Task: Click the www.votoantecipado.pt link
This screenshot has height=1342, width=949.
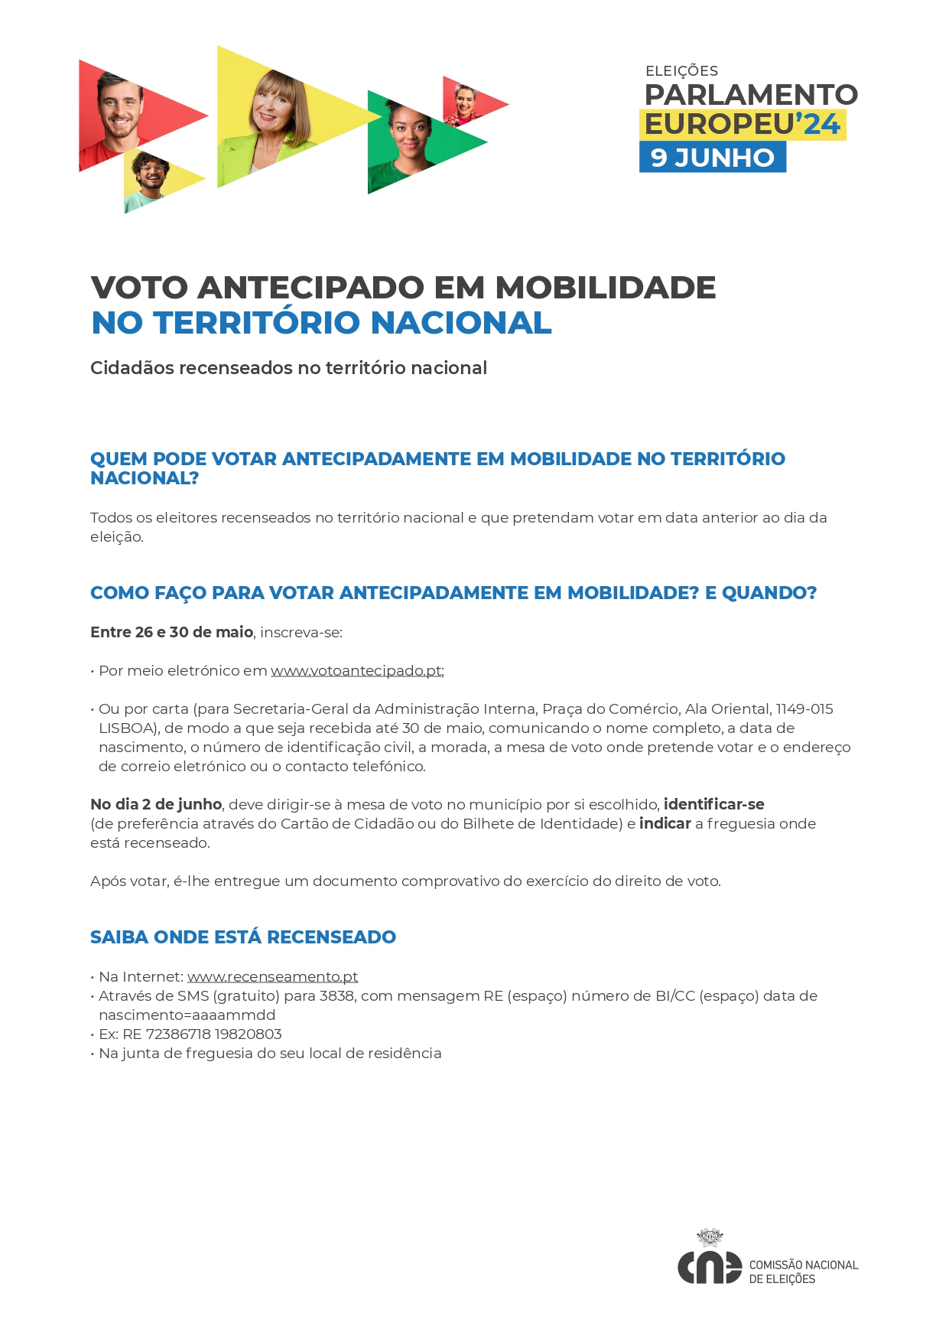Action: tap(356, 671)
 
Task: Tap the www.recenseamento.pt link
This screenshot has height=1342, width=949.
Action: tap(272, 977)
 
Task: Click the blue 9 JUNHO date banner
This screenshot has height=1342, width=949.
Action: tap(712, 158)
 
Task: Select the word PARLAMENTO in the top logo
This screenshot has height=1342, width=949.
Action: tap(751, 95)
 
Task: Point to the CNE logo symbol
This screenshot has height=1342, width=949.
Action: tap(709, 1268)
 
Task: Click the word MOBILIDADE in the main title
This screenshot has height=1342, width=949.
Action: tap(605, 288)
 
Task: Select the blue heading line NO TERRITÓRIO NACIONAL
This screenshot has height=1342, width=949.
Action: tap(321, 323)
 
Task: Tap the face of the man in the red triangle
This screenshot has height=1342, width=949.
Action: tap(119, 107)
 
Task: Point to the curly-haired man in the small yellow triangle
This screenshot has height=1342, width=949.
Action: tap(151, 173)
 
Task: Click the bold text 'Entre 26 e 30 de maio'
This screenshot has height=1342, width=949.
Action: tap(171, 633)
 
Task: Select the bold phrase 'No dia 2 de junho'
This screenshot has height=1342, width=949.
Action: tap(156, 805)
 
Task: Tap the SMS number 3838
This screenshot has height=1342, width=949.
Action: tap(336, 996)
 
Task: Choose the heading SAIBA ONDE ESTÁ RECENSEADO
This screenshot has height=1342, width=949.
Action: tap(243, 937)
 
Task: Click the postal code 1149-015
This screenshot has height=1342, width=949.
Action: tap(804, 709)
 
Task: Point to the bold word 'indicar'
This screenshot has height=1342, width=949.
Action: tap(665, 824)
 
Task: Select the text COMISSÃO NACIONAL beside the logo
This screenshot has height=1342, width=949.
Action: tap(803, 1265)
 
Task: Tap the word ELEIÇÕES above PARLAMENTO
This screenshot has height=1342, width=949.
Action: tap(681, 71)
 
